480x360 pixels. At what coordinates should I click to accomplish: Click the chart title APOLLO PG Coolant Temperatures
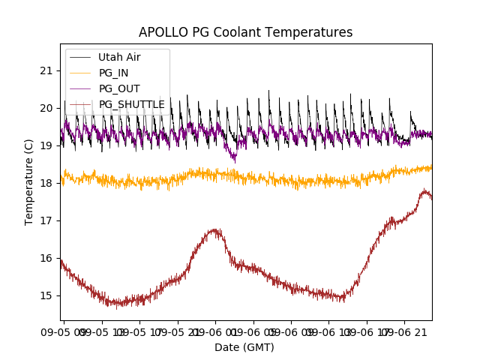[245, 32]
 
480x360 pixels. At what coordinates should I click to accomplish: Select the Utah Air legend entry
[119, 57]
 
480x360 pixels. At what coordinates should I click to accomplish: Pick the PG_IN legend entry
[113, 73]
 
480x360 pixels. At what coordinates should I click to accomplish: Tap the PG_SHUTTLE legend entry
[131, 104]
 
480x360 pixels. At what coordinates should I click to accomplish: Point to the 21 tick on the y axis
[46, 70]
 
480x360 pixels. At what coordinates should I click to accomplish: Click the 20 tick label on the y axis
[46, 108]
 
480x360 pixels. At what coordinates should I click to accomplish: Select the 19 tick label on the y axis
[46, 145]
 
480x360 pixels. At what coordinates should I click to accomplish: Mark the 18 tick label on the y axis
[46, 183]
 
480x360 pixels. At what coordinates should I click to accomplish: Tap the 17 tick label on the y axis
[46, 220]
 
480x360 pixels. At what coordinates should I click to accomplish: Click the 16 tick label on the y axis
[46, 258]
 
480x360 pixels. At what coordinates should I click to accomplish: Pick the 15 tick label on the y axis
[46, 295]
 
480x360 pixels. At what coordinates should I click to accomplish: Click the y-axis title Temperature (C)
[29, 182]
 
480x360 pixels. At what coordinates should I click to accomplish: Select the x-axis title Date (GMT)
[244, 347]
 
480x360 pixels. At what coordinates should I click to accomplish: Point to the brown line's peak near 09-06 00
[215, 229]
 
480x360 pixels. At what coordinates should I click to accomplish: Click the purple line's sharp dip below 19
[234, 159]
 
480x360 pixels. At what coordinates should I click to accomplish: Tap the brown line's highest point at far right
[424, 190]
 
